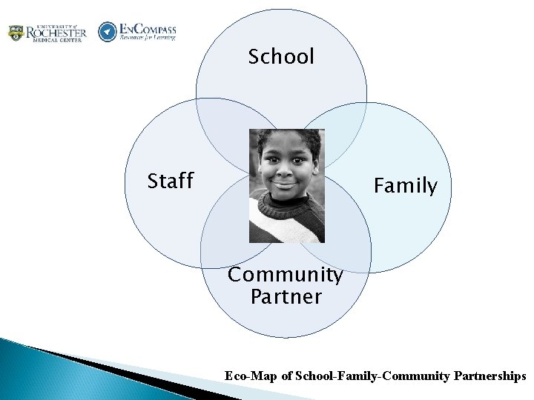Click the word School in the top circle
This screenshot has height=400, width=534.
click(x=281, y=56)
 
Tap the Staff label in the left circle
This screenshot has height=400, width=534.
click(x=170, y=181)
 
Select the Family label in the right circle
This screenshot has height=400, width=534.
click(x=405, y=185)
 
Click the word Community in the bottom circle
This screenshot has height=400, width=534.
click(x=285, y=275)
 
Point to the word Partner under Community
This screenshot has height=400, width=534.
click(x=286, y=297)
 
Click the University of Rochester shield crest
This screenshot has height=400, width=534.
click(x=15, y=33)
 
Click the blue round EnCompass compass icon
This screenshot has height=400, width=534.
click(x=108, y=32)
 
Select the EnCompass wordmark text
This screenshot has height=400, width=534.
click(x=147, y=29)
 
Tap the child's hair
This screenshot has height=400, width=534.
click(x=286, y=138)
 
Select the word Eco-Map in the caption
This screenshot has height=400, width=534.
click(x=251, y=376)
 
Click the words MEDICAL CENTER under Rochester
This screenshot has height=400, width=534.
click(x=56, y=41)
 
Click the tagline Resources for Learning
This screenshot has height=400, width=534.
click(x=148, y=38)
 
